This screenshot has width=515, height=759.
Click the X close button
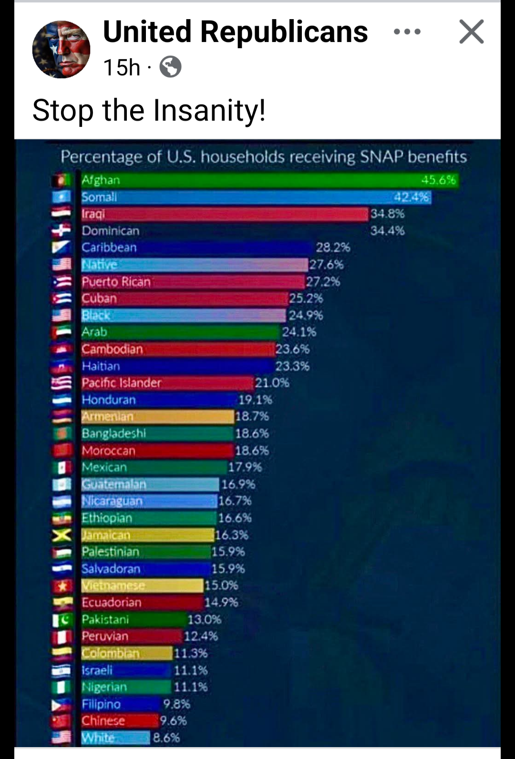(x=471, y=32)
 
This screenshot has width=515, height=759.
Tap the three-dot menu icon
(x=407, y=32)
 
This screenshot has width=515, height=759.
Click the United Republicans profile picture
(x=61, y=49)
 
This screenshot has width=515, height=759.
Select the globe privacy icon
(x=170, y=67)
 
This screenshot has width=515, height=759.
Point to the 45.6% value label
(x=438, y=180)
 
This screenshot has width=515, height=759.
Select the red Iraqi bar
(x=224, y=214)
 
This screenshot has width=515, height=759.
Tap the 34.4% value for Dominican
(x=387, y=231)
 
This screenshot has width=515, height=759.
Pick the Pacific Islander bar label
(x=121, y=383)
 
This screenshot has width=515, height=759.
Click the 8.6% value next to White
(x=166, y=738)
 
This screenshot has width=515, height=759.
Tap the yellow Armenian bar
(x=157, y=417)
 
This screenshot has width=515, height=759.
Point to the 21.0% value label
(x=272, y=383)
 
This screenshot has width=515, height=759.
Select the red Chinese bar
(x=119, y=721)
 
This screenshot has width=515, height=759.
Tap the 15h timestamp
(x=122, y=67)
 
